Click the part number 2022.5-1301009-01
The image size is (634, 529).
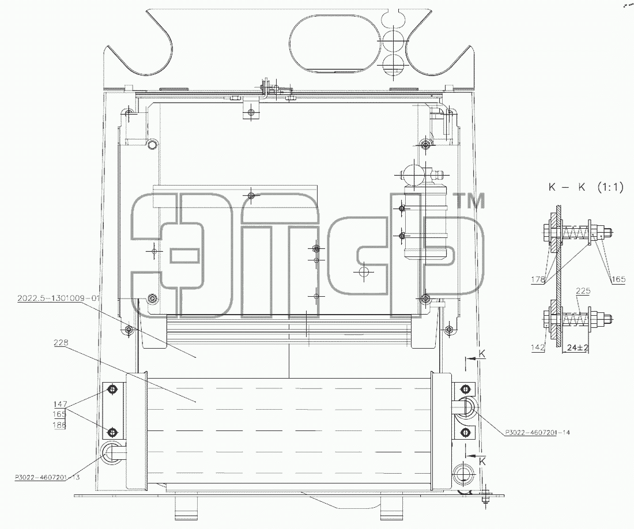tap(58, 298)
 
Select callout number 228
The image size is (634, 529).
tap(61, 343)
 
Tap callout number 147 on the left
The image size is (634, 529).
tap(61, 404)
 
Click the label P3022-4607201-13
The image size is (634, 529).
tap(47, 477)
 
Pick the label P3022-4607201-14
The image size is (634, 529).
tap(537, 432)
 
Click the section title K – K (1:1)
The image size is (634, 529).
tap(586, 187)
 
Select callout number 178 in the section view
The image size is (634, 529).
tap(538, 279)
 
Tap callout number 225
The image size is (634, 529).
tap(583, 290)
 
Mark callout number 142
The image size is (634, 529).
tap(538, 347)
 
